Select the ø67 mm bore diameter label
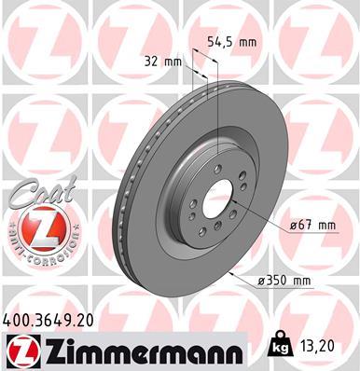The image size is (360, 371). coord(312,225)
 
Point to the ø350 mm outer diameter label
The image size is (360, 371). coord(284,279)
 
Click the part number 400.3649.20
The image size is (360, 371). coord(49,319)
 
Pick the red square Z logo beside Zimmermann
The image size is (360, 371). coord(19,351)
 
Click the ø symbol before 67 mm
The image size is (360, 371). coord(293,225)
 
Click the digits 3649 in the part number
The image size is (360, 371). coord(52,319)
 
